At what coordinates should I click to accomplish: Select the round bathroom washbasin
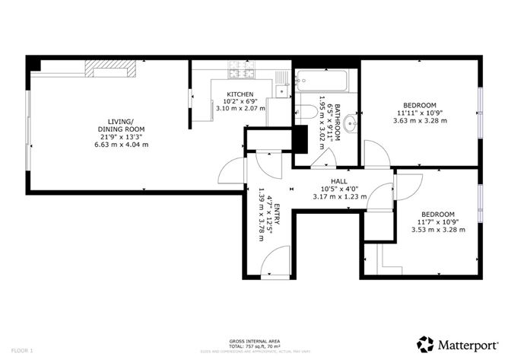pos(351,122)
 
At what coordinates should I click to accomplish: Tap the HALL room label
pos(329,180)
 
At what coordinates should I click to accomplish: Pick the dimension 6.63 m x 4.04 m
pos(121,144)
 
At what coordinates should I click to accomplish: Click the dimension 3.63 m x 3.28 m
pos(419,120)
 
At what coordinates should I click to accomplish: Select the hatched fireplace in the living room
pos(111,71)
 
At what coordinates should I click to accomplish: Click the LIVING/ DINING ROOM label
pos(121,126)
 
